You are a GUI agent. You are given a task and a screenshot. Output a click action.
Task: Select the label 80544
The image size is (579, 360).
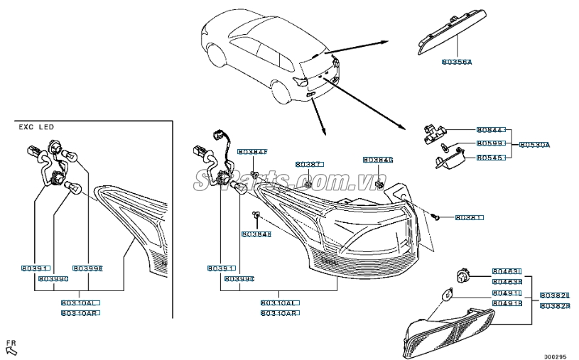point(490,131)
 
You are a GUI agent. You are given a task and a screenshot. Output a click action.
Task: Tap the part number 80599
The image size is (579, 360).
point(490,143)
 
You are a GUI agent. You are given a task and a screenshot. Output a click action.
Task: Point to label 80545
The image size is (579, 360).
point(490,158)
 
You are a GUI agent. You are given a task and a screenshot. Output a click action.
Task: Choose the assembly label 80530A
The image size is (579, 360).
point(535,144)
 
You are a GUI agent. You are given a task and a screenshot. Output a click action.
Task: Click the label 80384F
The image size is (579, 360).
point(252,152)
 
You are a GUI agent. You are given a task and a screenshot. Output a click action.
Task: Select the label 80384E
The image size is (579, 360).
point(256,234)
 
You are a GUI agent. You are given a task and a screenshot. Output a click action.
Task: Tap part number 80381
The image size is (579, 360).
point(469,217)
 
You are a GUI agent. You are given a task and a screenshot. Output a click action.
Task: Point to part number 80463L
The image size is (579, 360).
point(507,271)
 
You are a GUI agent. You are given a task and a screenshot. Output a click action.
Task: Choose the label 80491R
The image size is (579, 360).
point(507,303)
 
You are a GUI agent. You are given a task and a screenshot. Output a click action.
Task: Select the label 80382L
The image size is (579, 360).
point(554,295)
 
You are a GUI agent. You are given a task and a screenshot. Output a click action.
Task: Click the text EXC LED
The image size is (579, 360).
point(36,127)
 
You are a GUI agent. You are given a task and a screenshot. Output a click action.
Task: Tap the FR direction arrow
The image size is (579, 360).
point(11,347)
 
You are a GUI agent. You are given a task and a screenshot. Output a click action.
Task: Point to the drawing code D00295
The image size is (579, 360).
point(555,356)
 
